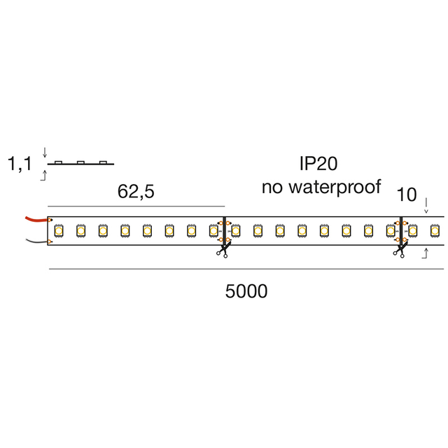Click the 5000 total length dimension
coord(246,292)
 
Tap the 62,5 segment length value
coord(136,192)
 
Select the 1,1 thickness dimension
coord(20,165)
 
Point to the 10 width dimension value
coord(407,195)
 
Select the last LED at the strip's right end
coord(434,230)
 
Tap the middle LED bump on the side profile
coord(81,162)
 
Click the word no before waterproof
coord(272,187)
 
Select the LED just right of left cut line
coord(236,230)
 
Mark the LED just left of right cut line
coord(390,230)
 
